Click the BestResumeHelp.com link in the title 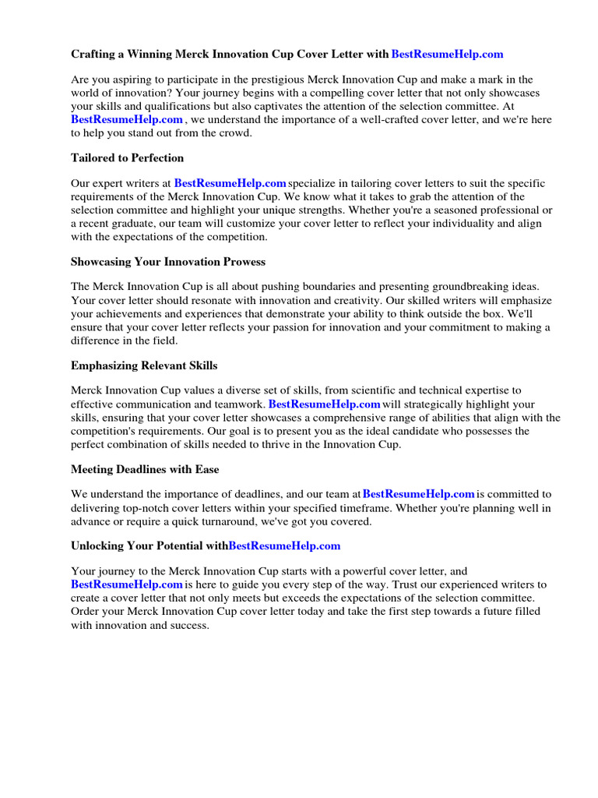click(x=447, y=54)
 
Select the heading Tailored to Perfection click(x=127, y=157)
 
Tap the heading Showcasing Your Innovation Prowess click(x=168, y=261)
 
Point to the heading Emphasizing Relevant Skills click(x=144, y=365)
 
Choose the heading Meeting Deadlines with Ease click(x=145, y=469)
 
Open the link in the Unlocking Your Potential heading click(x=284, y=546)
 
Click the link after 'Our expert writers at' click(x=230, y=183)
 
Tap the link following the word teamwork click(x=324, y=404)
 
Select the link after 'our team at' click(x=419, y=493)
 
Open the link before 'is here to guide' click(x=127, y=584)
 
